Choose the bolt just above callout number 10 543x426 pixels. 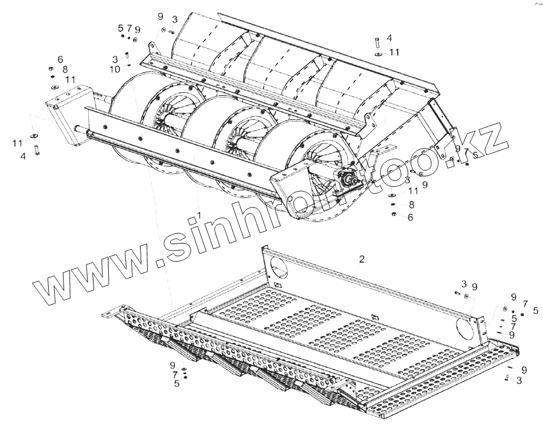[128, 58]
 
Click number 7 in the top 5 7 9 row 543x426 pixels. [129, 29]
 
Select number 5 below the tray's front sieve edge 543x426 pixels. [176, 384]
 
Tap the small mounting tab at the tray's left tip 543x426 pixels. [109, 315]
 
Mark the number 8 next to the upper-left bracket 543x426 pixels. [65, 69]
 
